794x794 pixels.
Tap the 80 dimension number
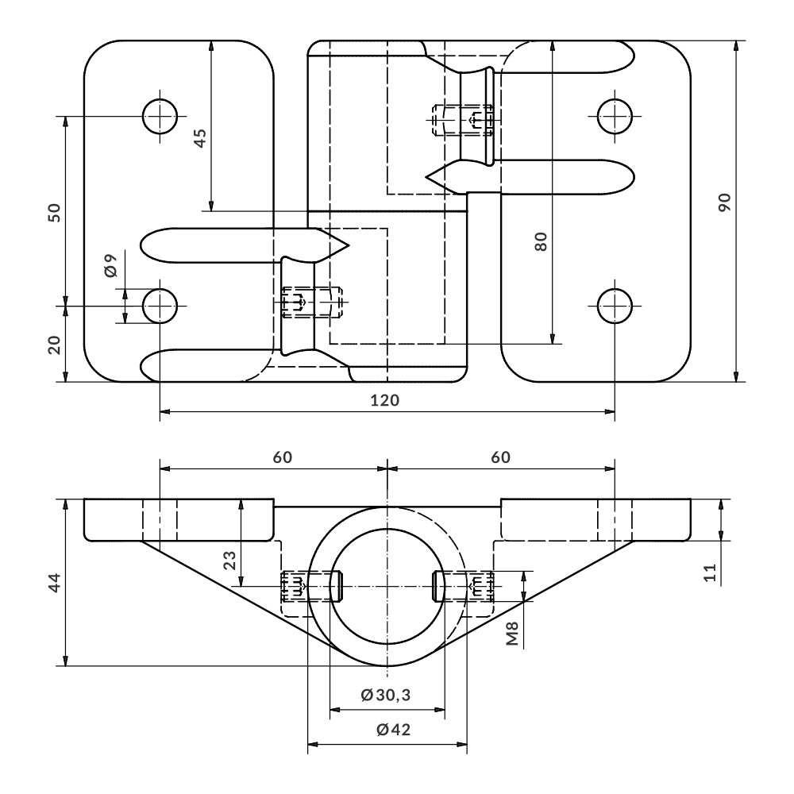[x=541, y=241]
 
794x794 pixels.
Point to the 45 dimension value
[x=199, y=138]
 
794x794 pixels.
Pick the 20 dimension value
[x=54, y=344]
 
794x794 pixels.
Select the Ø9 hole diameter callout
[x=110, y=264]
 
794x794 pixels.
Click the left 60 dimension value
[x=283, y=457]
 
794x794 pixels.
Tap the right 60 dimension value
[x=500, y=457]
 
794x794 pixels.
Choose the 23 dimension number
[x=229, y=561]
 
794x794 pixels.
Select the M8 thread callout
[x=513, y=634]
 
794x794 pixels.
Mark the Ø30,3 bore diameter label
[x=386, y=696]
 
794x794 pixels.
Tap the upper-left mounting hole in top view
[x=160, y=117]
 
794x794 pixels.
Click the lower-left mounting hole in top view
[x=160, y=306]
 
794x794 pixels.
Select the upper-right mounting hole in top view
[x=615, y=117]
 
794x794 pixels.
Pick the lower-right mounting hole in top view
[x=615, y=306]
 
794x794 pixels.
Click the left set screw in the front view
[x=310, y=587]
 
